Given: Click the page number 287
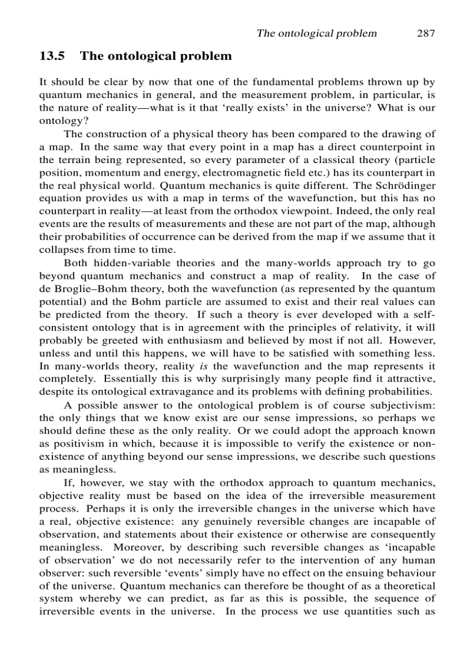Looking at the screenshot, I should tap(426, 33).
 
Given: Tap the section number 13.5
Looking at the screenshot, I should tap(52, 56).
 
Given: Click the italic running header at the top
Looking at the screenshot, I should tap(316, 33).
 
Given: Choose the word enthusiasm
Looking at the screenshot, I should tap(209, 340).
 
